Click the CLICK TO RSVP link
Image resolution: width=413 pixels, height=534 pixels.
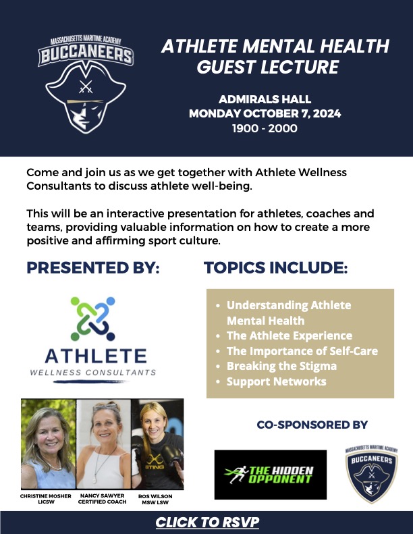pyautogui.click(x=207, y=522)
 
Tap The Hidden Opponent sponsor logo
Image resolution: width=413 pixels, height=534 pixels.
pyautogui.click(x=271, y=475)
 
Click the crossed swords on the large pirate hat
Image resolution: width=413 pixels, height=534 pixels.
pyautogui.click(x=86, y=86)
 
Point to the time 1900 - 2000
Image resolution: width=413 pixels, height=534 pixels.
pyautogui.click(x=265, y=128)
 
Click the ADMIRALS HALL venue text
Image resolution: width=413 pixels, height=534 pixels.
pyautogui.click(x=265, y=99)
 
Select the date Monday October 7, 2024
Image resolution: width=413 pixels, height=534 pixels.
pyautogui.click(x=265, y=113)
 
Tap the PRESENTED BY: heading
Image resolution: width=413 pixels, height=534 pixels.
pyautogui.click(x=93, y=267)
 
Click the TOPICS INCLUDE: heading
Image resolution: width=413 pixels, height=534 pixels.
pyautogui.click(x=275, y=267)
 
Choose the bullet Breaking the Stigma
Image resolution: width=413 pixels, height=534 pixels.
pyautogui.click(x=281, y=366)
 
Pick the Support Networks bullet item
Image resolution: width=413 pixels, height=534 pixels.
pyautogui.click(x=277, y=381)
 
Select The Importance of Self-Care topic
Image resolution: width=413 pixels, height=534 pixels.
pyautogui.click(x=302, y=351)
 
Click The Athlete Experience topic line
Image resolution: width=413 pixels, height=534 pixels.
pyautogui.click(x=290, y=336)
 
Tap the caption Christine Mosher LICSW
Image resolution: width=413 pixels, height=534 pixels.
pyautogui.click(x=46, y=499)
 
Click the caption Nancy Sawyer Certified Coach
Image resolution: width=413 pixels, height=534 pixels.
pyautogui.click(x=102, y=499)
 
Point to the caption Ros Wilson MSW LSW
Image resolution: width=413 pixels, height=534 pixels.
pyautogui.click(x=155, y=500)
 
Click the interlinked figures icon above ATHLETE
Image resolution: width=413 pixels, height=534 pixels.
pyautogui.click(x=92, y=319)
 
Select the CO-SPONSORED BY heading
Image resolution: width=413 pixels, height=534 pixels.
pyautogui.click(x=312, y=425)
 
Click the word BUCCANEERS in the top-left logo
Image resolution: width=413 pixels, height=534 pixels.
pyautogui.click(x=86, y=55)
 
